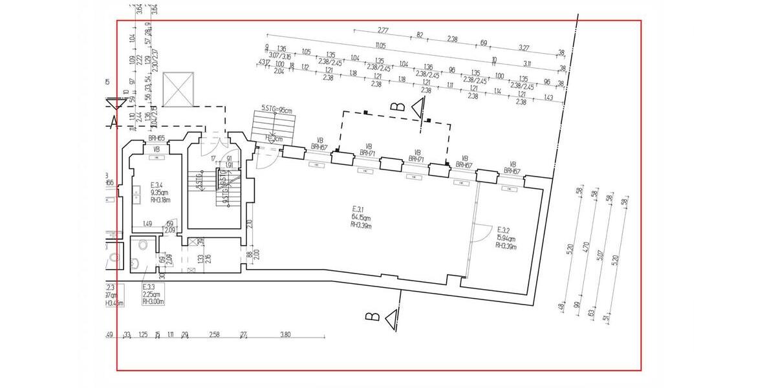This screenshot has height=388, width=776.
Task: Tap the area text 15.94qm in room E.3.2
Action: tap(506, 237)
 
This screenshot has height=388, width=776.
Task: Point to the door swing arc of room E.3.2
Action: tap(480, 231)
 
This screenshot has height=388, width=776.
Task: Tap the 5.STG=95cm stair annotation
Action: tap(277, 109)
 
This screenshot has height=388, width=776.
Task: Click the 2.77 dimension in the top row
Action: tap(383, 30)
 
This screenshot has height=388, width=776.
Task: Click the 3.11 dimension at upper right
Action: tap(527, 64)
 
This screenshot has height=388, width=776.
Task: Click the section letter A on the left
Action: tap(114, 120)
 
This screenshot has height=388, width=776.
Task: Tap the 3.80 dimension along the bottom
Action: tap(286, 335)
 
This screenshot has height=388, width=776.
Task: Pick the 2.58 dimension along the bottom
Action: tap(215, 335)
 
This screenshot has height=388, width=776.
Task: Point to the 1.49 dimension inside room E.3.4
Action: tap(147, 224)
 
